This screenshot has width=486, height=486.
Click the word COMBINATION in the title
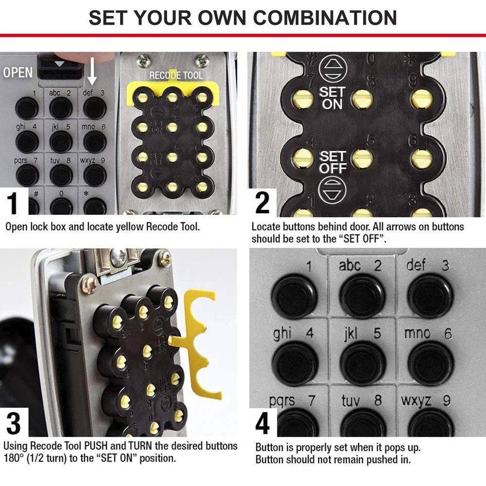point(325,17)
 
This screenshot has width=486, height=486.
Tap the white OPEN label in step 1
point(18,72)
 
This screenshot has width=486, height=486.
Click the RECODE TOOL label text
point(175,76)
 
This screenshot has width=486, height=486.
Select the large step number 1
point(14,204)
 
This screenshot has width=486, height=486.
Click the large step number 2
point(262,203)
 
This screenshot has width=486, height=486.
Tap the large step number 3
point(14,423)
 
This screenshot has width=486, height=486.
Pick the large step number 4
point(263,424)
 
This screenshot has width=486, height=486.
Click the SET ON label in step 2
point(332,97)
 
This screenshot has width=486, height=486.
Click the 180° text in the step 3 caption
point(15,458)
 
